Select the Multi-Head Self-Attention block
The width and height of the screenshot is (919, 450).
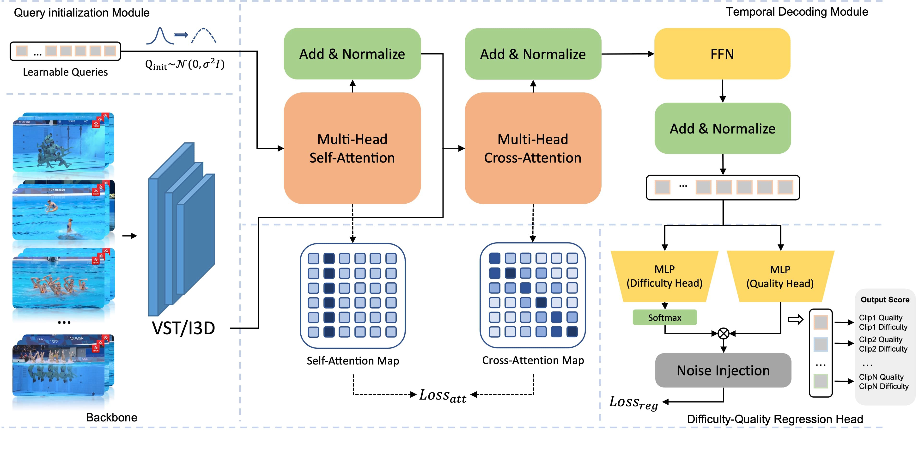coord(352,148)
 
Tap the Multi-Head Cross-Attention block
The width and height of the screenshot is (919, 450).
coord(533,148)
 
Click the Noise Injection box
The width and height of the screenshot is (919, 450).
coord(723,371)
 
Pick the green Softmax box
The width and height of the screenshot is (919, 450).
coord(664,317)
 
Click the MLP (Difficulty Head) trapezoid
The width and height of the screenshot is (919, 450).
coord(664,276)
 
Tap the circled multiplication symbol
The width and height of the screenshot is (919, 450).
coord(723,334)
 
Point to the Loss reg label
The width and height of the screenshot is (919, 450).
coord(633,402)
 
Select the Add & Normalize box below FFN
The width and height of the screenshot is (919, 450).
coord(722,128)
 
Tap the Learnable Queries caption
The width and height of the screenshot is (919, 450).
coord(65,72)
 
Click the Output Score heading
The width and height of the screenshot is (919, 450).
coord(885,300)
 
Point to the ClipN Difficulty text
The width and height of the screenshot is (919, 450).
coord(883,386)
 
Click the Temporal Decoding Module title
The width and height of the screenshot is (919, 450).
coord(797,12)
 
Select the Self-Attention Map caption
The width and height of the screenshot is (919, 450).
coord(353,361)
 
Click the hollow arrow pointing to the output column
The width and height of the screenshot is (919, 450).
coord(795,319)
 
